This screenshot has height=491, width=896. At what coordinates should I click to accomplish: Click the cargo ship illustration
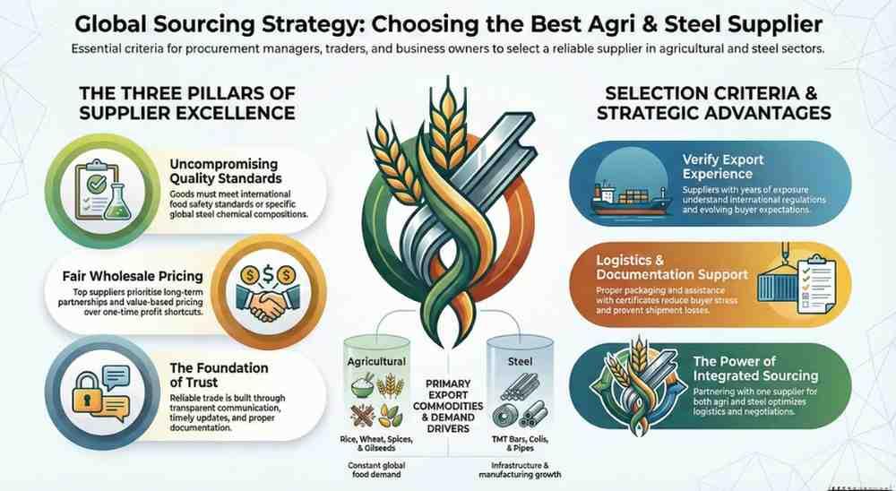630,200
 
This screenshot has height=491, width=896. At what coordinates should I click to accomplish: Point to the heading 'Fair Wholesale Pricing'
133,276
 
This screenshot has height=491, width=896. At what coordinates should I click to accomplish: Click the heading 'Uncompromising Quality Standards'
225,171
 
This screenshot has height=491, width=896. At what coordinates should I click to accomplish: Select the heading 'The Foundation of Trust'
219,375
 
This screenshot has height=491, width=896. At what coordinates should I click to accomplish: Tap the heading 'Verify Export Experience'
723,167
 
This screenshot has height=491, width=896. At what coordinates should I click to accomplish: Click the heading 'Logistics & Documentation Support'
671,268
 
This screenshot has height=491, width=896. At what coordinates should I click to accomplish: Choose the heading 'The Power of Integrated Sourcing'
755,368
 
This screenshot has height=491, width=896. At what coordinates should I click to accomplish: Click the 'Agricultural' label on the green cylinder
376,361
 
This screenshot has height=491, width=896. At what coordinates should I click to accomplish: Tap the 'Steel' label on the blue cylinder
520,361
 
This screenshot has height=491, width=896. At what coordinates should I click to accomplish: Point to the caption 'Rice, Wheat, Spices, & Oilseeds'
376,444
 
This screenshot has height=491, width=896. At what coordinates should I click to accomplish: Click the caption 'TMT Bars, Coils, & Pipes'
520,444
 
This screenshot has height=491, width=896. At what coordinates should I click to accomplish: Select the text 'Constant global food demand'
375,469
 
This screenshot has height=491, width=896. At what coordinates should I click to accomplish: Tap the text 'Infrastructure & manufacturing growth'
520,469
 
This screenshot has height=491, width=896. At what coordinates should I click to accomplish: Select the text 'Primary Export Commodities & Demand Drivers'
448,405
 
